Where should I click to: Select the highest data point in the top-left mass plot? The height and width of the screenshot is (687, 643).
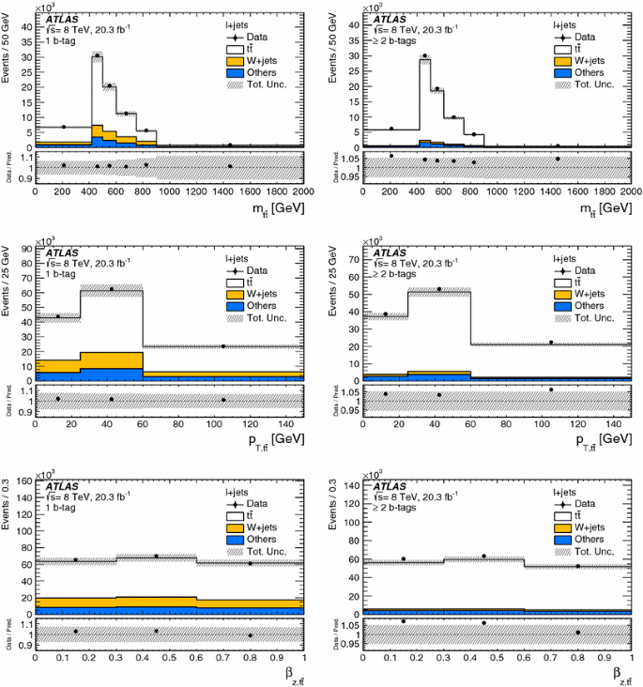coord(97,55)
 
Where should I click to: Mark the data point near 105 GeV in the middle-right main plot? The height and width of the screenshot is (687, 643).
coord(551,343)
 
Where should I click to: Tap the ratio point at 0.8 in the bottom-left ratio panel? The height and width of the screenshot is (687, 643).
coord(251,635)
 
